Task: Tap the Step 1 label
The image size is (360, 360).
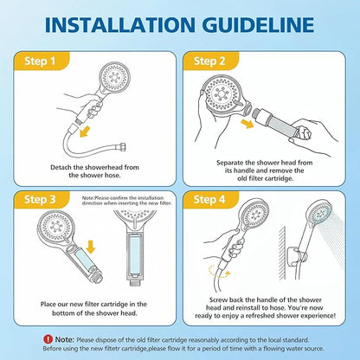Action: (40, 61)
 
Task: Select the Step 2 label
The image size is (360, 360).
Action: (209, 61)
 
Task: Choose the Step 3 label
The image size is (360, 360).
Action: (40, 199)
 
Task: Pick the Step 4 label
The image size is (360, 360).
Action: (209, 199)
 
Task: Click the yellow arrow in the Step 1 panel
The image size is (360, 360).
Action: (85, 132)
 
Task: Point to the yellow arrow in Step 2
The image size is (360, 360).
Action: (247, 124)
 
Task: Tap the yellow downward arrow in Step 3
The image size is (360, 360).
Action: (91, 247)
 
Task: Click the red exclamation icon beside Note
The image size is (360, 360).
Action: (48, 339)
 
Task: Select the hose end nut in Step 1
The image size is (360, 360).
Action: (121, 147)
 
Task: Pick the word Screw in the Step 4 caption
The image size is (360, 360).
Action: (218, 299)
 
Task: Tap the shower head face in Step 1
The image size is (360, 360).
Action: (114, 77)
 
